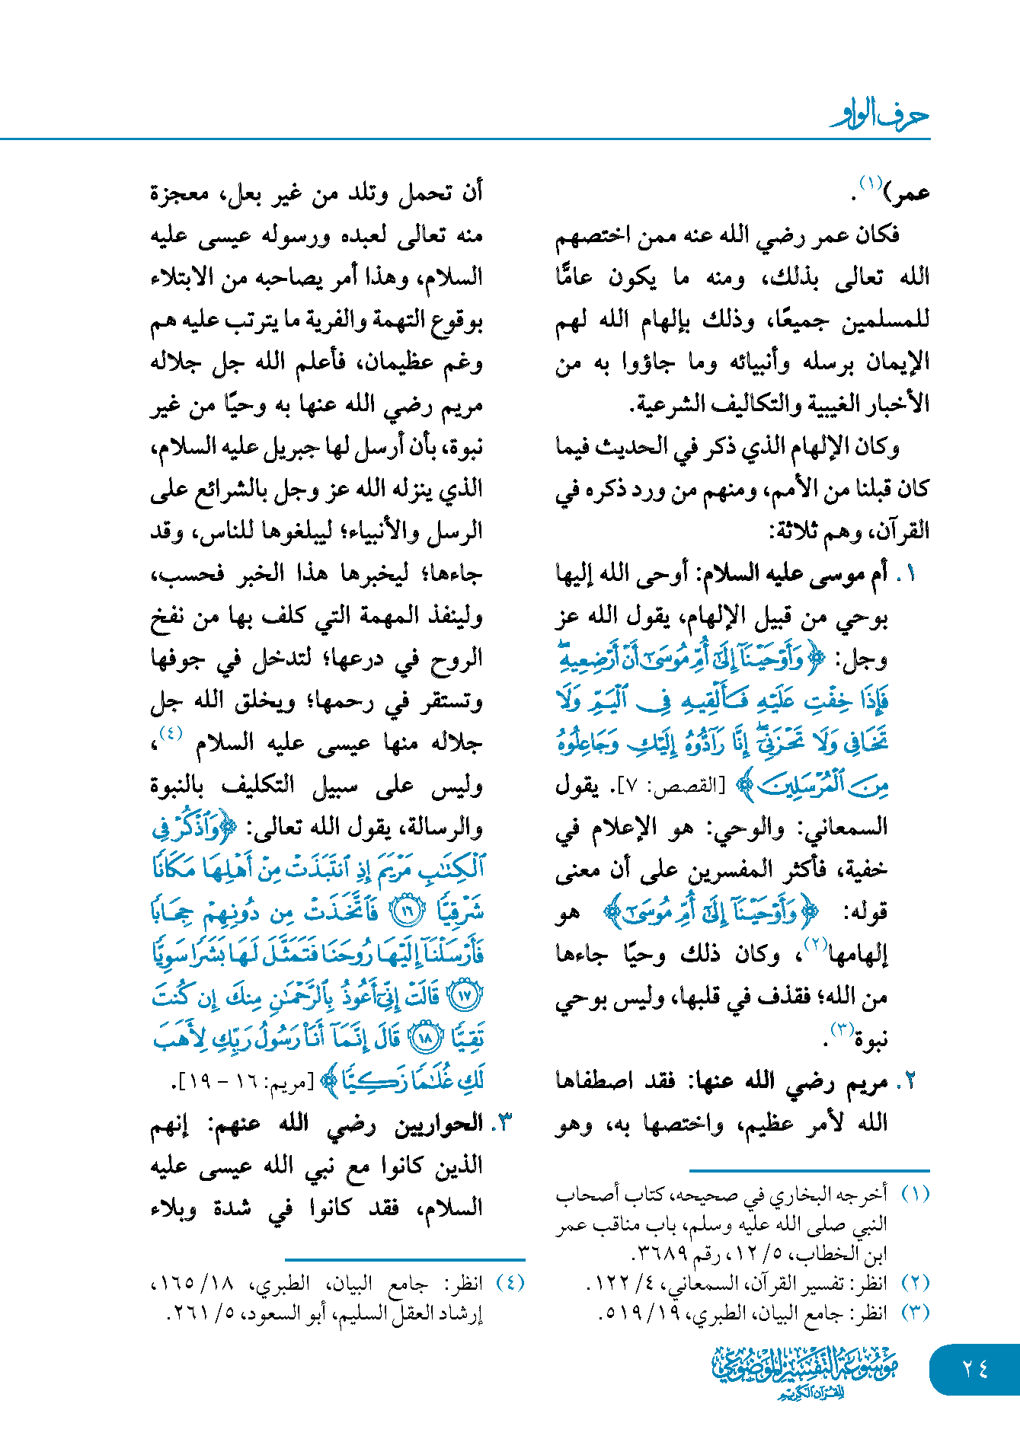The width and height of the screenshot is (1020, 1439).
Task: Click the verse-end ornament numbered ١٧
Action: click(465, 995)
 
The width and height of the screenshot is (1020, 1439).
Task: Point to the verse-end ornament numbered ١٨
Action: click(425, 1038)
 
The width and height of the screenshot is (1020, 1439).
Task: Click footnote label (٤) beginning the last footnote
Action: click(510, 1283)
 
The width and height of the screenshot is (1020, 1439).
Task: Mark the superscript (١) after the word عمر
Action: click(870, 183)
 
